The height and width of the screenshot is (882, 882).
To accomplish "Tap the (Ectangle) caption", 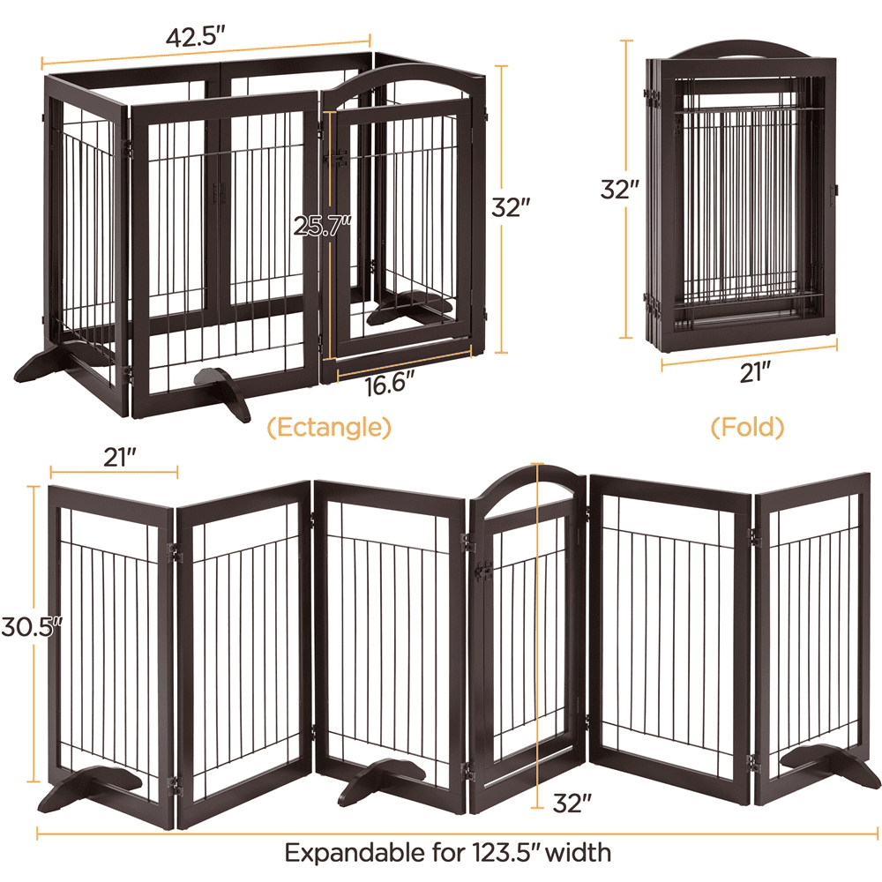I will (329, 428).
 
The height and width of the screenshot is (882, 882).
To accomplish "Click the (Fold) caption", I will (747, 428).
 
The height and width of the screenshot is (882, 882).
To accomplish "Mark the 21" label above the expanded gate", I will (118, 457).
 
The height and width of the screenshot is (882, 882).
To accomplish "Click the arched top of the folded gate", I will (741, 49).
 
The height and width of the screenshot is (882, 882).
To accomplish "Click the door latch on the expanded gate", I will (482, 572).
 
